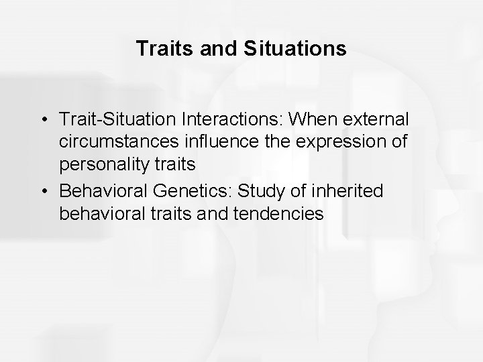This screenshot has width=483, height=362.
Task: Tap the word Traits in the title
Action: [x=158, y=49]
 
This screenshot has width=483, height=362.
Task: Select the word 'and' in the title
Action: [x=211, y=49]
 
